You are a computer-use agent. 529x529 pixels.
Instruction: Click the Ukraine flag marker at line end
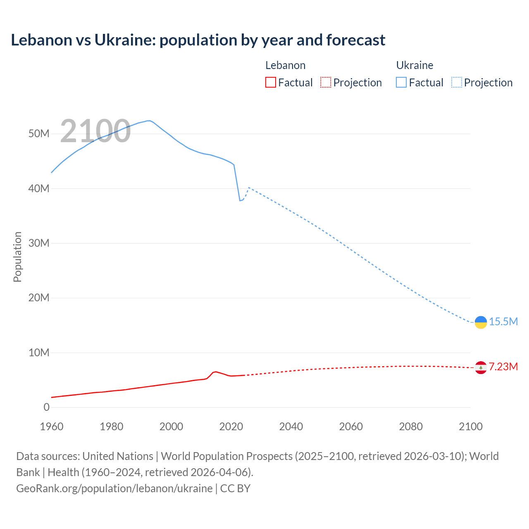481,322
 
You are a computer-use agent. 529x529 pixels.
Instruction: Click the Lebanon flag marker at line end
481,367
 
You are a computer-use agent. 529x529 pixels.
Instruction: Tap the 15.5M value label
503,322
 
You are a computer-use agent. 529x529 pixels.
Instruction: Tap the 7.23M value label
503,367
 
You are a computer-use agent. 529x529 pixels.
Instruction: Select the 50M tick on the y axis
39,134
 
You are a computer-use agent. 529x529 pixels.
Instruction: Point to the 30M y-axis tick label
39,243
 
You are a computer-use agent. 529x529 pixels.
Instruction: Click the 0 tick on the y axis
46,407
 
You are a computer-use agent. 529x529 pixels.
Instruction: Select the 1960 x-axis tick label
52,427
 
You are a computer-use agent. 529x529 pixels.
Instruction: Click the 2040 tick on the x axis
291,427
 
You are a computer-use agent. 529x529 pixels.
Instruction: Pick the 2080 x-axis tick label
411,427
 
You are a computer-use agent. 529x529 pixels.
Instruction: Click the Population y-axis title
17,257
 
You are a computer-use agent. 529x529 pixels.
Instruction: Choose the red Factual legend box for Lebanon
270,83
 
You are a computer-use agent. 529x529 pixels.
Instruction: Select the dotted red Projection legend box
326,83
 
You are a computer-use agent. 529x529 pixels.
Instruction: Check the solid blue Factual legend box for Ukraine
401,83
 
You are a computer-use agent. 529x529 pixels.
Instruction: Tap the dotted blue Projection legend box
457,83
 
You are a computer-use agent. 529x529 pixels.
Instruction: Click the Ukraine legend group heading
415,65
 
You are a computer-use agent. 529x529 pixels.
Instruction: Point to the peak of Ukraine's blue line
149,121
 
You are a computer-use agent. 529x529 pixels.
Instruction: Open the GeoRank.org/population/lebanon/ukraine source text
114,488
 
